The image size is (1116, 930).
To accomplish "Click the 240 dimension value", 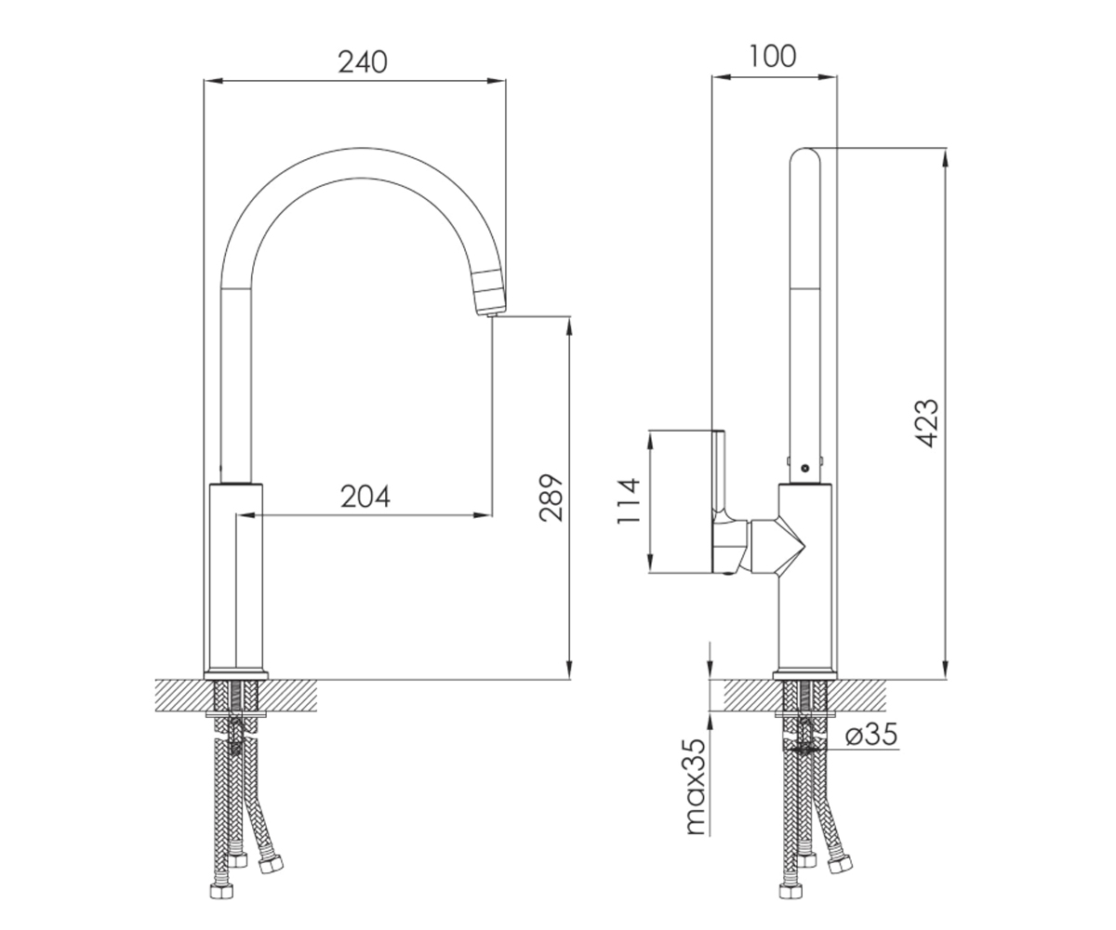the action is click(363, 62).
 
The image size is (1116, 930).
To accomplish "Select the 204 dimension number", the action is click(365, 497).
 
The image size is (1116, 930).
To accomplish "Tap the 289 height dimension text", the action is click(551, 498).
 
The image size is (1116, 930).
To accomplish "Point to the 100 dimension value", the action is click(772, 56).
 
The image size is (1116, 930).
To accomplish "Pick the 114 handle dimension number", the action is click(629, 501).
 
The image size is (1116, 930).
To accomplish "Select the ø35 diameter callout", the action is click(871, 736).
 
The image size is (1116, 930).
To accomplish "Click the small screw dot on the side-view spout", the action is click(805, 468).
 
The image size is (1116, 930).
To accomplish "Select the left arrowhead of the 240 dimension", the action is click(213, 81).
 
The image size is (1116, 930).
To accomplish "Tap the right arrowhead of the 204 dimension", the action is click(483, 515).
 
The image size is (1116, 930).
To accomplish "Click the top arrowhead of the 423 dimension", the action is click(946, 157).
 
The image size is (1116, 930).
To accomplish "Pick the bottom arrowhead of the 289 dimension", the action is click(570, 671).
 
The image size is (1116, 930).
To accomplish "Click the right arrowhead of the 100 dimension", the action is click(828, 77).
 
